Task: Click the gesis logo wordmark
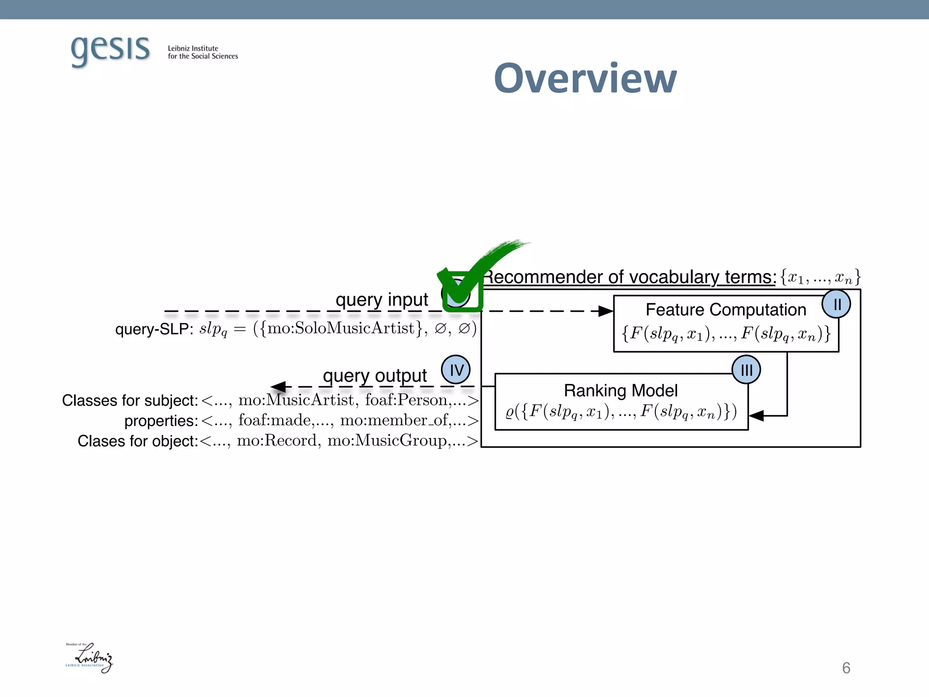[110, 49]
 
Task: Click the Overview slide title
[585, 79]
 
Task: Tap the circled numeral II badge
[836, 304]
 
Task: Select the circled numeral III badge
[746, 370]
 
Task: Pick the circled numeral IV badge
[456, 369]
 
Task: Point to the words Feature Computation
[726, 310]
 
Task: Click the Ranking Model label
[621, 390]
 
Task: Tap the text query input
[381, 299]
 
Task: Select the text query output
[375, 375]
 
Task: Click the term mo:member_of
[394, 420]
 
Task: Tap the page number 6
[846, 668]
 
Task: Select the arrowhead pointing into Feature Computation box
[606, 311]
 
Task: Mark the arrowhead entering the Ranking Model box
[757, 416]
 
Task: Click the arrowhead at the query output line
[279, 387]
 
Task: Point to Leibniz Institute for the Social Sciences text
[203, 52]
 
